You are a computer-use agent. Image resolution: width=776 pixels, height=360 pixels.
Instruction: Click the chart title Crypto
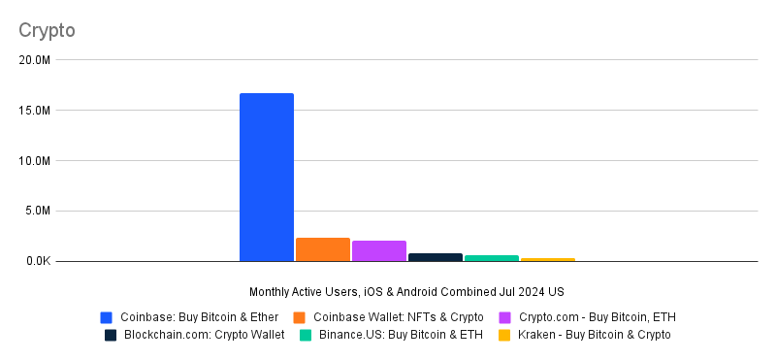(47, 30)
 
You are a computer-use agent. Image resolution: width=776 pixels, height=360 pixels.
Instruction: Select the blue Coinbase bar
(267, 177)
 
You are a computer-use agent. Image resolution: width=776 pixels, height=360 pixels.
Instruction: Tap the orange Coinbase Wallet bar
(323, 249)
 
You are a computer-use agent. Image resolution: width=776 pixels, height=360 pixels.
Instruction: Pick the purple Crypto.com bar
(379, 250)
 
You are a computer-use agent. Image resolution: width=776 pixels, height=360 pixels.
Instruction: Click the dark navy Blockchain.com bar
(436, 257)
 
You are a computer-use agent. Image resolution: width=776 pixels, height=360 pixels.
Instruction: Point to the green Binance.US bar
(492, 258)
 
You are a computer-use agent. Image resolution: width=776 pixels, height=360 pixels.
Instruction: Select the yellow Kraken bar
(548, 259)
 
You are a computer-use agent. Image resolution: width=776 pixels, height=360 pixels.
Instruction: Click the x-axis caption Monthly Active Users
(406, 291)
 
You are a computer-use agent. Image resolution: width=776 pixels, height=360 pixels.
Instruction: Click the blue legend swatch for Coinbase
(107, 316)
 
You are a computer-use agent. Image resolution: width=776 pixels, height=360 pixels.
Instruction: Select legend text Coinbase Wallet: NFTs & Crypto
(399, 316)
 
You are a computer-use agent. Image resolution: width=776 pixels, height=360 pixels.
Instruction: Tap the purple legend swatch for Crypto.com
(505, 316)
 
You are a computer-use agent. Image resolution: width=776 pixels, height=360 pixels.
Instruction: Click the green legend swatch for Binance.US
(305, 335)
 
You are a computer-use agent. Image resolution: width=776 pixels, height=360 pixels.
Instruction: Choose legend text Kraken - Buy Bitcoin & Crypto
(593, 335)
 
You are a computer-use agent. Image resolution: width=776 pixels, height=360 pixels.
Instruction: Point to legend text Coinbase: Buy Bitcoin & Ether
(200, 316)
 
